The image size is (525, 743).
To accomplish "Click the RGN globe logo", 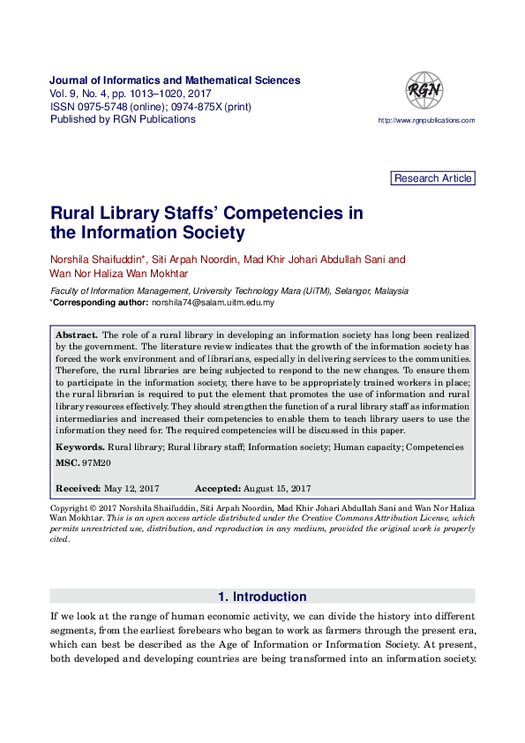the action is point(424,91).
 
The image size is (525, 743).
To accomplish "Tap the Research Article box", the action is point(432,178).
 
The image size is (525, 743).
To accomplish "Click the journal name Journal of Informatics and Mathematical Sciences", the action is point(175,80).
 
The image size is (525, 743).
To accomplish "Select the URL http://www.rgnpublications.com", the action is point(426,121).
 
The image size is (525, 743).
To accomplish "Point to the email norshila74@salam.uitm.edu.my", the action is point(213,303).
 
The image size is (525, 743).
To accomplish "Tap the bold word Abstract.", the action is point(76,335).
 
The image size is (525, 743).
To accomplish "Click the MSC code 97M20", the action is point(98,462).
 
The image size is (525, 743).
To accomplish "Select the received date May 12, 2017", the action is point(131,488).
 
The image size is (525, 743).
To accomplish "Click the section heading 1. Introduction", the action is point(262,597).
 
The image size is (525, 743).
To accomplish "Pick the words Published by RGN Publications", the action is point(123,119).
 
